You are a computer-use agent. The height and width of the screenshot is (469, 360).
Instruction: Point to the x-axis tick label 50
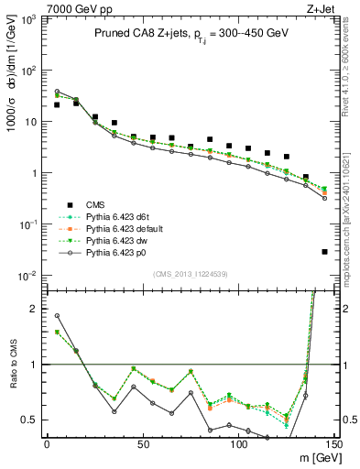(x=143, y=444)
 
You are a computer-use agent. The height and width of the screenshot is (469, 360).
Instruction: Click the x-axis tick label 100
(x=238, y=444)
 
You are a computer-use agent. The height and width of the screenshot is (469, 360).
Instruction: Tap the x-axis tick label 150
(x=333, y=444)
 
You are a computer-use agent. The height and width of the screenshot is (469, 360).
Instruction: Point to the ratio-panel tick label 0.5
(x=29, y=420)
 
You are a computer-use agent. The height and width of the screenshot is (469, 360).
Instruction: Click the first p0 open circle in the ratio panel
(x=57, y=316)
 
